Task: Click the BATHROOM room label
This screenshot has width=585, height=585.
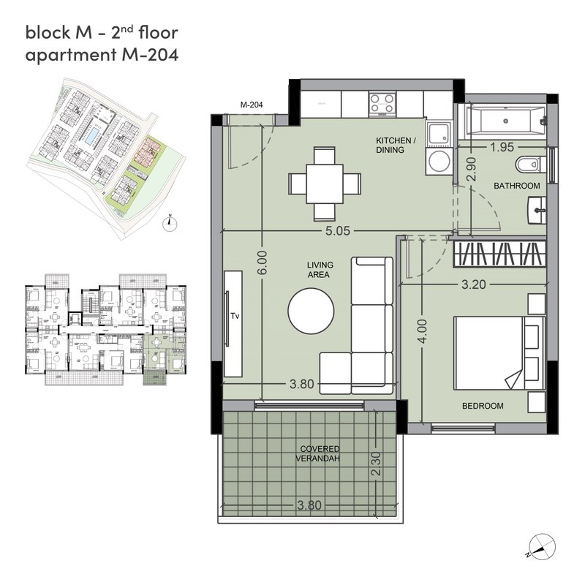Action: tap(516, 186)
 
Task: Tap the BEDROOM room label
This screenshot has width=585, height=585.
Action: tap(483, 406)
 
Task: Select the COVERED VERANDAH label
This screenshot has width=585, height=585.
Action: tap(319, 453)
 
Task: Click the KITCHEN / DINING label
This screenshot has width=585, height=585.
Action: tap(396, 145)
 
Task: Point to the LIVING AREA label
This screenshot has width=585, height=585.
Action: tap(320, 270)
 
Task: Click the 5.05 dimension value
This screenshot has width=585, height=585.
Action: tap(338, 231)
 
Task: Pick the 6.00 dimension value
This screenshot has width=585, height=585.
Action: tap(263, 263)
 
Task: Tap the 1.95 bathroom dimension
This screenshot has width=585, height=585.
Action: tap(502, 147)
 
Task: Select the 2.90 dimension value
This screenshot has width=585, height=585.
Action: tap(472, 169)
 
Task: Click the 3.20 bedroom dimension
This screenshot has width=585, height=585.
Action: tap(474, 284)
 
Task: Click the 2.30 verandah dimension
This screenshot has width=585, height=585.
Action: tap(377, 464)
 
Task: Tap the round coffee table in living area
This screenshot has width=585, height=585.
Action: tap(311, 311)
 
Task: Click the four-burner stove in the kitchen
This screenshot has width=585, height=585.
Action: tap(382, 103)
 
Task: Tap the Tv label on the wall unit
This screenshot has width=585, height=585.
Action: tap(235, 317)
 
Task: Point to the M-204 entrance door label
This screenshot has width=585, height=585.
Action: tap(252, 105)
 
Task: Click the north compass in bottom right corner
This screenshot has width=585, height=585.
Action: tap(542, 546)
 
